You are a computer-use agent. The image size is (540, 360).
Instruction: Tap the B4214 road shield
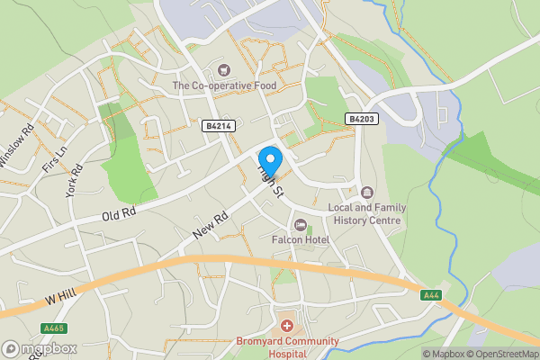218,127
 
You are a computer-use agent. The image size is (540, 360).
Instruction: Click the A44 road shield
431,294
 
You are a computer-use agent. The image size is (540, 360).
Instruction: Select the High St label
271,180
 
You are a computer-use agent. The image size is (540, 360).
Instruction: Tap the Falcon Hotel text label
301,239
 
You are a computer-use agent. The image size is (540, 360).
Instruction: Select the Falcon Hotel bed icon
301,224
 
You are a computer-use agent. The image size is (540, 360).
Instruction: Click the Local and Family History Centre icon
367,192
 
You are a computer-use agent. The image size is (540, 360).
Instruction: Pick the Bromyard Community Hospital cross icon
286,325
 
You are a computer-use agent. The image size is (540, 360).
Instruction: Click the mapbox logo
39,348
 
